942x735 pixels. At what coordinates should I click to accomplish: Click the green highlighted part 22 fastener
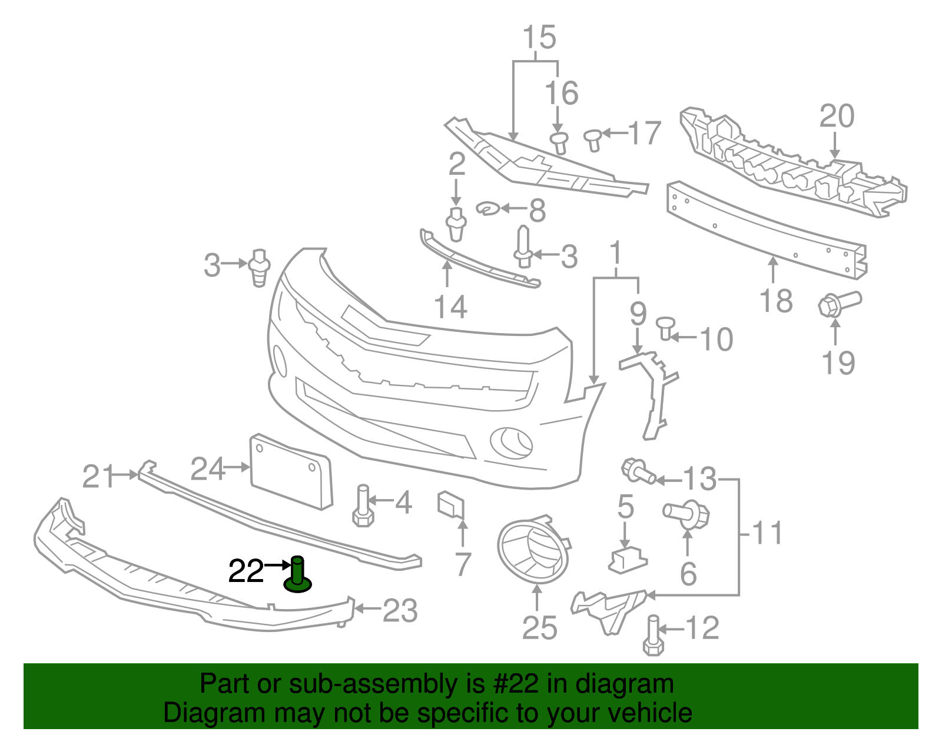click(297, 576)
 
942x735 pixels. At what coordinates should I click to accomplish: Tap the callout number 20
click(837, 116)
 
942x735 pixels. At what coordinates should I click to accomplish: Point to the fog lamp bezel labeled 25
click(533, 550)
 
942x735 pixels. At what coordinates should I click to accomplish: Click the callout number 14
click(450, 307)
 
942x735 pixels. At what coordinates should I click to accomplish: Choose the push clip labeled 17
click(593, 139)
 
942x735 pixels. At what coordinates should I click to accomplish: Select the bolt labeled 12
click(653, 636)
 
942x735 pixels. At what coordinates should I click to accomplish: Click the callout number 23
click(400, 611)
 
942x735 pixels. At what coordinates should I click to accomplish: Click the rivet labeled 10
click(666, 327)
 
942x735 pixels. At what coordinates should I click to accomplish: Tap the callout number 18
click(777, 301)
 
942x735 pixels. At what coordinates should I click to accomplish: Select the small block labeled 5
click(627, 560)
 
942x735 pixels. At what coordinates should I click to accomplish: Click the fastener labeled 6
click(687, 513)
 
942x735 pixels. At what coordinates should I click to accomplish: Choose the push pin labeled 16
click(559, 142)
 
